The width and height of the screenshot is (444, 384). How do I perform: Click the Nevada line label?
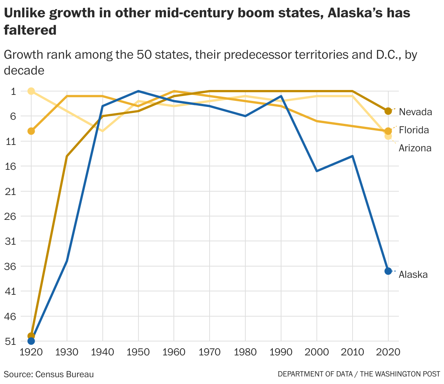(415, 112)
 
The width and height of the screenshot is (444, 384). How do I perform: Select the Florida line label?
(414, 130)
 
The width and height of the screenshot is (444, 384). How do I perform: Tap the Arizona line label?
(415, 148)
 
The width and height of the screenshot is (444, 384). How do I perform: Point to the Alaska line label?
(413, 274)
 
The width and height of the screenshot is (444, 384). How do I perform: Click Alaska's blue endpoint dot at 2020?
(388, 271)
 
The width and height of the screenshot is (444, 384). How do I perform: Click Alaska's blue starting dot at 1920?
(31, 341)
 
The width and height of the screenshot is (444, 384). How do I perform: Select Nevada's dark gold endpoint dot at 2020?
(388, 111)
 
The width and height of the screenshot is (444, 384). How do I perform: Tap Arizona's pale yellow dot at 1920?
(31, 91)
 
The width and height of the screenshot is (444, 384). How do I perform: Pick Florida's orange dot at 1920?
(31, 131)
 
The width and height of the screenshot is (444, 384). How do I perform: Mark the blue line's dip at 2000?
(317, 171)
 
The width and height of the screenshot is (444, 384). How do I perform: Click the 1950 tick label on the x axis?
(138, 352)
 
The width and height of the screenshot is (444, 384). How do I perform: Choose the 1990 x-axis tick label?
(281, 352)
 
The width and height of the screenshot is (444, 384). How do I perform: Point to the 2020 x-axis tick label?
(388, 352)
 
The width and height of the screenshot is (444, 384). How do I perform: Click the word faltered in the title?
(30, 30)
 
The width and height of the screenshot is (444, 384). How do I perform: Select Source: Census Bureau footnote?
(49, 374)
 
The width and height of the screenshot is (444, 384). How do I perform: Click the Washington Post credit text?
(359, 374)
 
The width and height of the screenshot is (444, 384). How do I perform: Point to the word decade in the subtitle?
(24, 70)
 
